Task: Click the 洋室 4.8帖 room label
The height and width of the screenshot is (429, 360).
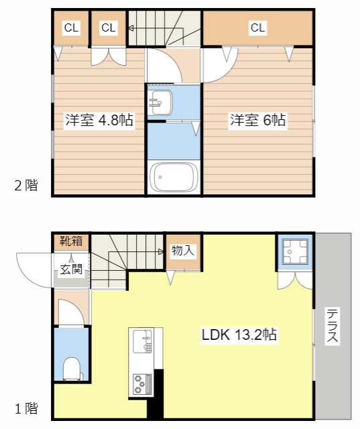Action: (99, 121)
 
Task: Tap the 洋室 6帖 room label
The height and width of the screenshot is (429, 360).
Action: (258, 121)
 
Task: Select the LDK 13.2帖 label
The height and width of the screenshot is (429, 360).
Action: (240, 334)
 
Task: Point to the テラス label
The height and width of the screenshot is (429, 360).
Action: (331, 326)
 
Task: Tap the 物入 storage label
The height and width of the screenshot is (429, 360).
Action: (182, 251)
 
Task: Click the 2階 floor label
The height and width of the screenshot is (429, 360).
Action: (26, 186)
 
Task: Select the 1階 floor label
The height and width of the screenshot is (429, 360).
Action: (26, 408)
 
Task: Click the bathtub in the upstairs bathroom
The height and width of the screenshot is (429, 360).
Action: (174, 178)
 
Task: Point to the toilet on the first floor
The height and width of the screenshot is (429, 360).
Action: (71, 367)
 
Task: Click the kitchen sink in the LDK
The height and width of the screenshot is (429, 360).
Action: (143, 342)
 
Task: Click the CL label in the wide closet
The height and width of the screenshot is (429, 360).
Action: (258, 27)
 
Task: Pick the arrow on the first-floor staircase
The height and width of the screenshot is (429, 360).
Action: (162, 252)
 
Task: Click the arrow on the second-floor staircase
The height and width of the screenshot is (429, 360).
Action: (130, 28)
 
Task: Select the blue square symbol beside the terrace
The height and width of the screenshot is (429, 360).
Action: (294, 251)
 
